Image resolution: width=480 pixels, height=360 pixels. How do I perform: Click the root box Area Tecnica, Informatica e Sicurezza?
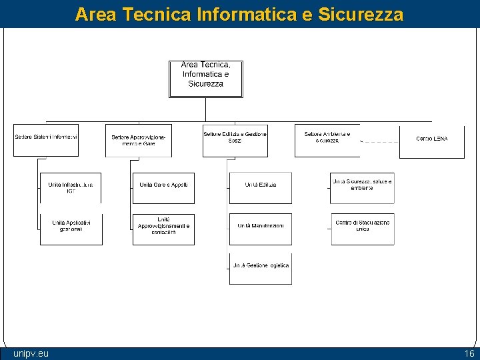point(205,79)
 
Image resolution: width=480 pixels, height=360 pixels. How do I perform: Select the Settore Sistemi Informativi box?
point(46,140)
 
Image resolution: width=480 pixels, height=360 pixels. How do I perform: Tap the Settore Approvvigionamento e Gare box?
point(138,140)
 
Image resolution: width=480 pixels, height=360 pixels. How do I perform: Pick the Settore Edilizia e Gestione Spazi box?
point(235,140)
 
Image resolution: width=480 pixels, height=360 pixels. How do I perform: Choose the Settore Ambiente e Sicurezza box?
point(327,140)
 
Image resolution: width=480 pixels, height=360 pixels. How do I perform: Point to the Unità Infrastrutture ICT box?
point(71,187)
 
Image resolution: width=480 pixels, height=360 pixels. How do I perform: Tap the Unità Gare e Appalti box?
point(163,187)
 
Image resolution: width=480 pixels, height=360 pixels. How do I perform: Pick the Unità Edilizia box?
point(260,187)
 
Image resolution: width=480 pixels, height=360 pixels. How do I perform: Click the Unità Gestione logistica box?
point(260,269)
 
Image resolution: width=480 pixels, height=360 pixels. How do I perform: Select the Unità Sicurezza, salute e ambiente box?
point(362,187)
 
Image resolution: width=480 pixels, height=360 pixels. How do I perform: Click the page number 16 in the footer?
point(469,353)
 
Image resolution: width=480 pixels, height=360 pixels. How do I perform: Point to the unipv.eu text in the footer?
point(31,353)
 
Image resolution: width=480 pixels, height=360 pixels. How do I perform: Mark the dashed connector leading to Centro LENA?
point(379,142)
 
